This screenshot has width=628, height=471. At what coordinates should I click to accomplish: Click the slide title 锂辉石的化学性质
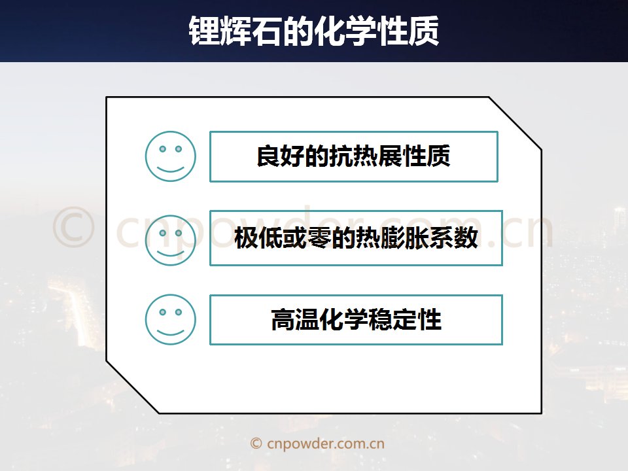[x=314, y=31]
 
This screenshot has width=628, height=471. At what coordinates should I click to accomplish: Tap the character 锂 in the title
[x=204, y=31]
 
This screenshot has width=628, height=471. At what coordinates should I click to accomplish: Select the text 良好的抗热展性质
[x=353, y=156]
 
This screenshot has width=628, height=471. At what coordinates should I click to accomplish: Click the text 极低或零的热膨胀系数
[x=356, y=237]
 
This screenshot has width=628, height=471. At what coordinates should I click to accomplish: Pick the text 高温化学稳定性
[x=356, y=320]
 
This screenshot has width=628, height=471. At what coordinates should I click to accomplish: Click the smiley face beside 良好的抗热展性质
[x=170, y=156]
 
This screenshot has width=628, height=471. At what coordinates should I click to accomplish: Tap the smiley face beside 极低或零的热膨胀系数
[x=170, y=240]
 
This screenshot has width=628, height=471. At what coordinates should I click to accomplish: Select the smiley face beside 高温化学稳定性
[x=170, y=320]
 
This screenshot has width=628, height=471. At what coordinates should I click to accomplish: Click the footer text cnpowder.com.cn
[x=326, y=444]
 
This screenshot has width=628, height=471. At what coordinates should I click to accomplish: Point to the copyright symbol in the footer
[x=256, y=444]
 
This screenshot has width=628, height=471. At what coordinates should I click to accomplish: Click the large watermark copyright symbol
[x=73, y=227]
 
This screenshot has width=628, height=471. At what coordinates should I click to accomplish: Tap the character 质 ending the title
[x=424, y=31]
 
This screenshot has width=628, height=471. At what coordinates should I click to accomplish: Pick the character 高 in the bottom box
[x=283, y=320]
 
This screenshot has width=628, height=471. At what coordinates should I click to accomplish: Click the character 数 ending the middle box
[x=466, y=237]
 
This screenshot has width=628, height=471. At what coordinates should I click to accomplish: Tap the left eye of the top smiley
[x=162, y=149]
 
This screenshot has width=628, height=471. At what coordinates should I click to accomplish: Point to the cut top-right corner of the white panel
[x=515, y=124]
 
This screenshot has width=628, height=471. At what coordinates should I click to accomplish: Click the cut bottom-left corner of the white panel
[x=133, y=387]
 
